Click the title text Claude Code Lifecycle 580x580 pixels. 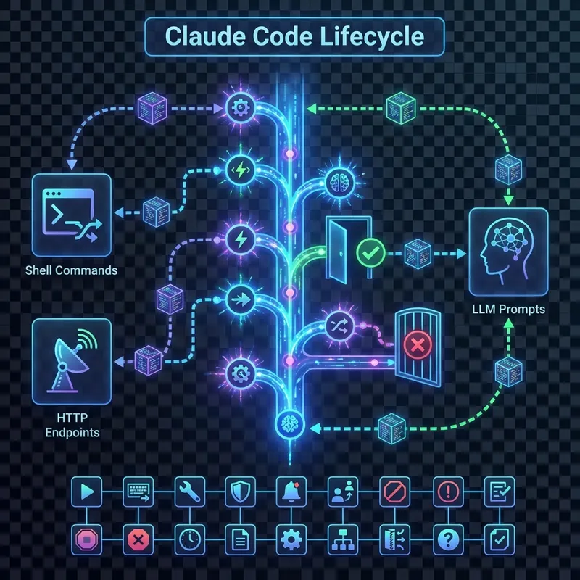[x=290, y=37]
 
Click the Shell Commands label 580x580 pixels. [x=70, y=270]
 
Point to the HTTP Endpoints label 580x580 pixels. [x=71, y=425]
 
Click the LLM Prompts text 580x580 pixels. [x=508, y=310]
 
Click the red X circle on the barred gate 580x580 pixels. [x=417, y=345]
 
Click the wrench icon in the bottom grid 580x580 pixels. [x=188, y=492]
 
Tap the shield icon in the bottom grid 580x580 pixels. [x=239, y=492]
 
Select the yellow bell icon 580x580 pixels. [x=289, y=492]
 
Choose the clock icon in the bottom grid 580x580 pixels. [x=188, y=539]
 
